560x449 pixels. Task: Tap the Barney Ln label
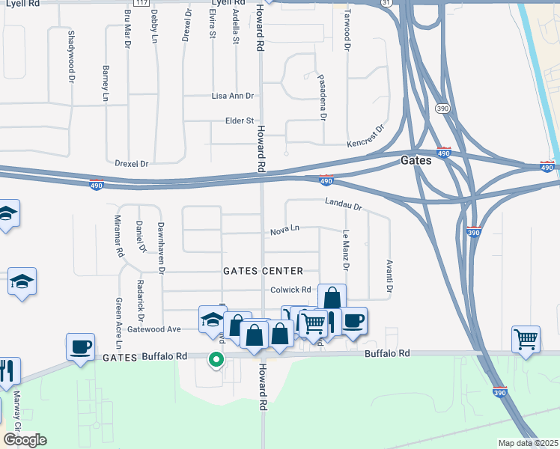106,83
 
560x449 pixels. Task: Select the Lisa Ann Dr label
234,97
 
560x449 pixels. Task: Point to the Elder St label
240,120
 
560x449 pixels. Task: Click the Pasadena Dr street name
323,97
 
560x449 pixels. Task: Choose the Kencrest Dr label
365,136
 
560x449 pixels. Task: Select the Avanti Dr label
389,276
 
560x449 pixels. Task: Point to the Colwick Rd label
290,290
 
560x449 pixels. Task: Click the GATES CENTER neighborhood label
263,271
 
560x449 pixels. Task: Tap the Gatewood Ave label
155,329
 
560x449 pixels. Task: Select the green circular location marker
216,361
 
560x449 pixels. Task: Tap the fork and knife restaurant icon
8,370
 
